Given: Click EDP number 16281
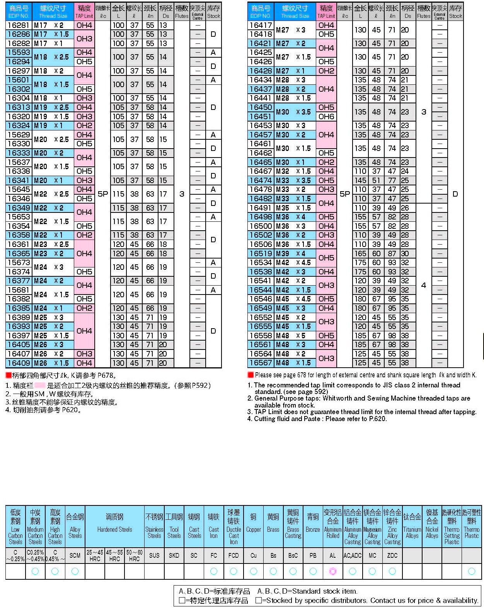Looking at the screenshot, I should click(18, 25).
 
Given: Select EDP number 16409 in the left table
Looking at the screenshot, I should click(18, 363).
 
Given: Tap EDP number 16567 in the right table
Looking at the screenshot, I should click(261, 363).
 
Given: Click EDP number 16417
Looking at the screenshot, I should click(261, 25).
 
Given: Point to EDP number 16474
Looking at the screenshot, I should click(261, 180).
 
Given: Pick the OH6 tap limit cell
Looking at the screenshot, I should click(326, 116).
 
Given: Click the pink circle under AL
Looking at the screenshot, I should click(333, 571).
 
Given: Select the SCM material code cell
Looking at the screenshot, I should click(75, 555).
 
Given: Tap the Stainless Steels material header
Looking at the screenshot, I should click(154, 526).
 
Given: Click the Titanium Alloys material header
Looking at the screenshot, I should click(412, 526).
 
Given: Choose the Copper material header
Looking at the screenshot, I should click(253, 526).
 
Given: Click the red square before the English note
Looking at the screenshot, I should click(251, 375).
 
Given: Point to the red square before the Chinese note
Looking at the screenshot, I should click(9, 375).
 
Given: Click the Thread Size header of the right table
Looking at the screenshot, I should click(295, 12).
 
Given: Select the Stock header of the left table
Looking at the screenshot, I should click(213, 12).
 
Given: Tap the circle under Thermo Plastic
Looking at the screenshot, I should click(472, 571).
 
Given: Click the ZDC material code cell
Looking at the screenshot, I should click(392, 555).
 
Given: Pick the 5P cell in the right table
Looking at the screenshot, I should click(344, 194).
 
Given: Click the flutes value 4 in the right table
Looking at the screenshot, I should click(424, 285).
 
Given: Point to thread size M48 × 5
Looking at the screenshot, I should click(295, 336).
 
